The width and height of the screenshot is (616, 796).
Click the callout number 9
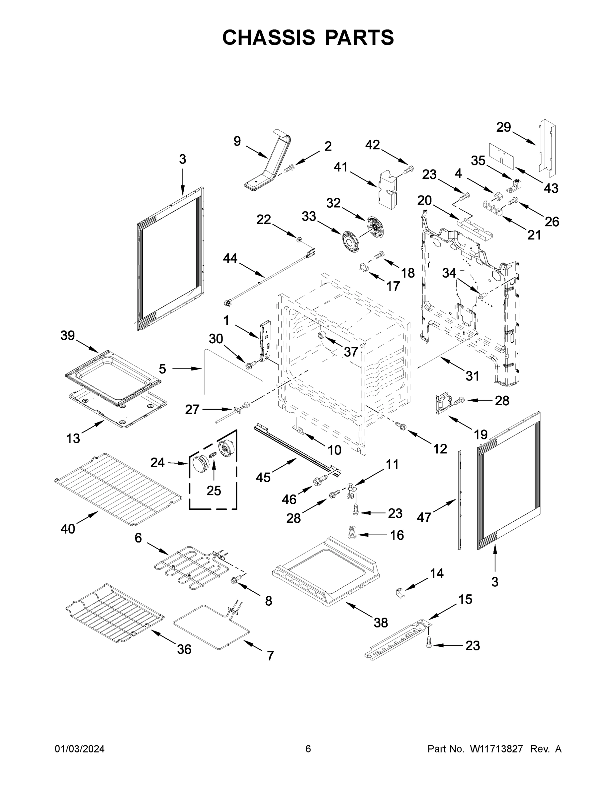237,141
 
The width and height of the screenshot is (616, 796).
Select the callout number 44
230,259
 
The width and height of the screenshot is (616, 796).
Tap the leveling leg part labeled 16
352,535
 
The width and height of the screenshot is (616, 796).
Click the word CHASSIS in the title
269,37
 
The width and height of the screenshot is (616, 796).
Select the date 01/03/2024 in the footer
80,749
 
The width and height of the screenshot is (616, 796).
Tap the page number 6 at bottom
308,749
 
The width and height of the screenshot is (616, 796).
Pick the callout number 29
504,127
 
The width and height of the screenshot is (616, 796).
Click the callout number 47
424,517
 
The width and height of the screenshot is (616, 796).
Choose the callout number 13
73,438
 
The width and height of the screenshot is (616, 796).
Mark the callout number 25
214,491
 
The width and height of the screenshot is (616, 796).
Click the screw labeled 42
409,169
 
